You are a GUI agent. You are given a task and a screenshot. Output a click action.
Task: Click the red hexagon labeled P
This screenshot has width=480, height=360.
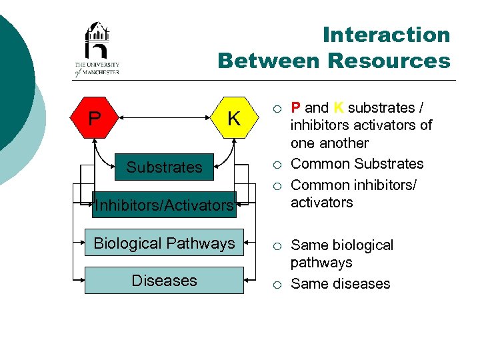(x=95, y=119)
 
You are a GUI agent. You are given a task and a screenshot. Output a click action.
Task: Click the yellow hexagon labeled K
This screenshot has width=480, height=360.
(x=233, y=119)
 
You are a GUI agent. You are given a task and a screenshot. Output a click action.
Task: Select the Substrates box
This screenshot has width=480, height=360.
(x=164, y=167)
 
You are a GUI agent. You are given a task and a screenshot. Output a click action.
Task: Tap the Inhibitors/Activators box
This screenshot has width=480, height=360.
(x=164, y=205)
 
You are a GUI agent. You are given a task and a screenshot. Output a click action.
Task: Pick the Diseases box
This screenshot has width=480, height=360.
(x=164, y=281)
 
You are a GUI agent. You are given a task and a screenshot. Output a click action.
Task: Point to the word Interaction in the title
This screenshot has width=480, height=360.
(x=386, y=35)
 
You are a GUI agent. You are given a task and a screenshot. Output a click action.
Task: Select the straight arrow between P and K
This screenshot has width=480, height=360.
(x=164, y=119)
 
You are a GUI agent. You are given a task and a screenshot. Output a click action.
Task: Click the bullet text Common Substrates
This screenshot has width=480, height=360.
(x=357, y=164)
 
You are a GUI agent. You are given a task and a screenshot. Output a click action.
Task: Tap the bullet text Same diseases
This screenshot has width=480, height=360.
(x=340, y=284)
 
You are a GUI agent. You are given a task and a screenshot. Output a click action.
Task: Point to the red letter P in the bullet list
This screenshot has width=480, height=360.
(x=295, y=108)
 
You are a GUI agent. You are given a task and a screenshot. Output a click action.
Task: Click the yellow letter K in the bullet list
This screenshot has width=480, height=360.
(x=339, y=108)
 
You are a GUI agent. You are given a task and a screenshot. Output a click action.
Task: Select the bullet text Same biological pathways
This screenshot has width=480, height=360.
(x=341, y=253)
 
